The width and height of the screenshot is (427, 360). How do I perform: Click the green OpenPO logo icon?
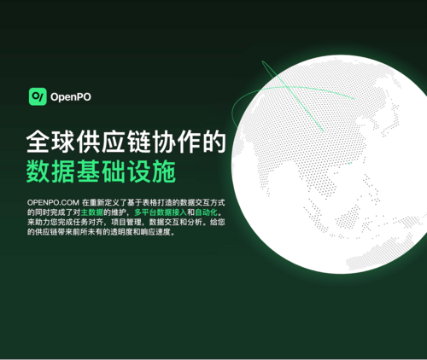click(38, 96)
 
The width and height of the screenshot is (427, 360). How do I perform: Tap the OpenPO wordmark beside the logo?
click(71, 97)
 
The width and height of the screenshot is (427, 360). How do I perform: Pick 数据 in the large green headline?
click(50, 171)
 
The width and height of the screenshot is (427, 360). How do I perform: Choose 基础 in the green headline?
click(101, 171)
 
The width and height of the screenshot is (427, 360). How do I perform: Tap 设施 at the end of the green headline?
click(151, 171)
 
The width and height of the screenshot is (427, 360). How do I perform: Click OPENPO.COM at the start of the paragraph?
click(53, 202)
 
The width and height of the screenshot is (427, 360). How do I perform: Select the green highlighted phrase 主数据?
click(92, 212)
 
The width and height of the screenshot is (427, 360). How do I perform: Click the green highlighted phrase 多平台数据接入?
click(161, 212)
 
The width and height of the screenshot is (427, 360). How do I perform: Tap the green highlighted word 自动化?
click(206, 212)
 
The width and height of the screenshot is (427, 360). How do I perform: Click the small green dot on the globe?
click(350, 163)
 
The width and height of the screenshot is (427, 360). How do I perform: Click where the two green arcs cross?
click(287, 88)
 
